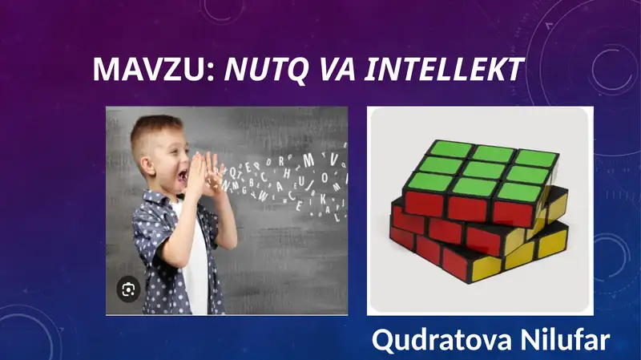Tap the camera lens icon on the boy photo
pyautogui.click(x=127, y=289)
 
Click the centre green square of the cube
pyautogui.click(x=479, y=169)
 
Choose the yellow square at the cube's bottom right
pyautogui.click(x=552, y=245)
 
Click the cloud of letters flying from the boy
pyautogui.click(x=288, y=180)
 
